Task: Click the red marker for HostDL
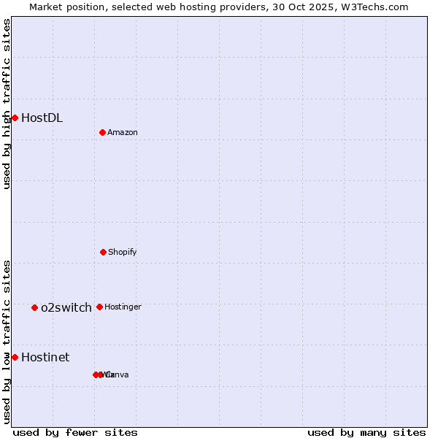pos(15,118)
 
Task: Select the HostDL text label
pos(42,118)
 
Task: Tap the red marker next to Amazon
pos(102,132)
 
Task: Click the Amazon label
pos(123,132)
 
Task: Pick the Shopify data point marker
pos(103,252)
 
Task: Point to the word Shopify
pos(123,252)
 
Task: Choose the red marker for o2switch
pos(34,307)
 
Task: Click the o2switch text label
pos(66,307)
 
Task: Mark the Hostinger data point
pos(99,307)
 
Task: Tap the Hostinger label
pos(123,307)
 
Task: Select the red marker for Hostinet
pos(15,357)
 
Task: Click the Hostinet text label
pos(45,357)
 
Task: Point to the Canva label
pos(118,374)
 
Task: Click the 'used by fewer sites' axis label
pos(75,432)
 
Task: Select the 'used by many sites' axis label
pos(366,432)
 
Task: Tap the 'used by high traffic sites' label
pos(7,104)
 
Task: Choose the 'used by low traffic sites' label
pos(7,342)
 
